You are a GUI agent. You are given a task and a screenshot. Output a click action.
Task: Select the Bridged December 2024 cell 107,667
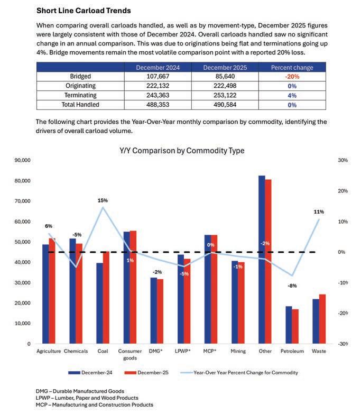(156, 77)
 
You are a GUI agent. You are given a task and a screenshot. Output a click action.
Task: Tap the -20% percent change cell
(292, 77)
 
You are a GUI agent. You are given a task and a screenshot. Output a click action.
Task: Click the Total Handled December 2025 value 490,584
(221, 105)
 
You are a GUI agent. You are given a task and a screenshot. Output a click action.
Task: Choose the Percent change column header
(292, 67)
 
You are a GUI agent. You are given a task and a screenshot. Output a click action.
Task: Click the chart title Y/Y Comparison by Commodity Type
(182, 151)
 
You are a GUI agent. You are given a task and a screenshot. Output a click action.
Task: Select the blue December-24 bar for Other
(262, 259)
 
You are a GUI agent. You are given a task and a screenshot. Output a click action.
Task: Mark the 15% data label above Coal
(103, 200)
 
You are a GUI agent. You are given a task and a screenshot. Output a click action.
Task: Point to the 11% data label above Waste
(319, 211)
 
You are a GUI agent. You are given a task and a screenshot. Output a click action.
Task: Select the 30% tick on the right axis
(342, 160)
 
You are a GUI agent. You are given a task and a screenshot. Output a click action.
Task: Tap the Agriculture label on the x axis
(48, 351)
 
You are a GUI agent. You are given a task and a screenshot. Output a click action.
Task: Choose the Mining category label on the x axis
(238, 351)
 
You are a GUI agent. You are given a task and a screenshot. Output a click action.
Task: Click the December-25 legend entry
(151, 372)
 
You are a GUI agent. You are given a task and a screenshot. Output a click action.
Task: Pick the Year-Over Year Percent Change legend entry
(244, 372)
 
